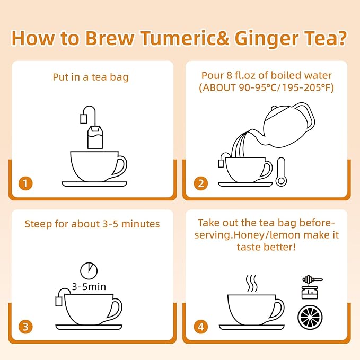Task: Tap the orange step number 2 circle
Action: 200,183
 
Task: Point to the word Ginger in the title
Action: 268,38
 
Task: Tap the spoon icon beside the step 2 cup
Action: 280,172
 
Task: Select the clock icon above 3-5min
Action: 89,270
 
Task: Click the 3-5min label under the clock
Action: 89,287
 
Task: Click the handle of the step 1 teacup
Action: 120,167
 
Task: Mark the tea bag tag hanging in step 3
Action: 59,302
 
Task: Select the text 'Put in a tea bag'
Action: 91,77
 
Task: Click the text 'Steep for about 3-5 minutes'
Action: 92,224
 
